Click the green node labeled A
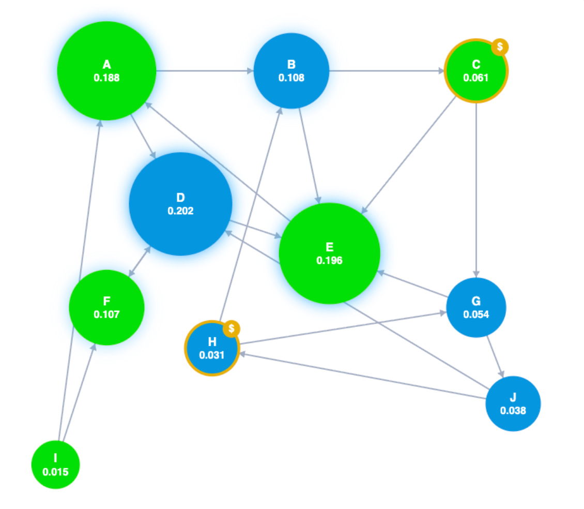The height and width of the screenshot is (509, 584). tap(106, 71)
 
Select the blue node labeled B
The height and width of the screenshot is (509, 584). tap(291, 71)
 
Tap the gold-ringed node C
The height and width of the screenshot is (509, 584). tap(475, 71)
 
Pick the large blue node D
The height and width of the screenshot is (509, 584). tap(180, 204)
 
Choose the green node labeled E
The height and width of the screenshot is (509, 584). tap(329, 253)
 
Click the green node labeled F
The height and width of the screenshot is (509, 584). tap(106, 307)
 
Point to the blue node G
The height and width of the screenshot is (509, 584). tap(476, 307)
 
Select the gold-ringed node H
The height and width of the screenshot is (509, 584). tap(211, 349)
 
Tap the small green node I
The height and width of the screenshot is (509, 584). tap(55, 464)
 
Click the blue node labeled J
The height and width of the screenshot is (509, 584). tap(513, 404)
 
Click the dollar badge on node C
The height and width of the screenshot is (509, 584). tap(499, 47)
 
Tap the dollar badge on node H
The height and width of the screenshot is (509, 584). tap(232, 328)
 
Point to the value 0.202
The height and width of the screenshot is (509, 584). tap(180, 211)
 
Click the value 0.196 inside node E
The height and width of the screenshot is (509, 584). tap(329, 261)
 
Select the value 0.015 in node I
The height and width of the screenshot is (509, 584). tap(55, 471)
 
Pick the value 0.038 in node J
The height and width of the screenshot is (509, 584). tap(513, 411)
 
